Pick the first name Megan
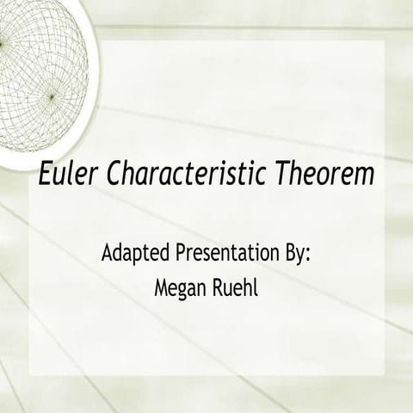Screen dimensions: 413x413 [178, 285]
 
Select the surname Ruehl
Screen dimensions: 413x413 [236, 285]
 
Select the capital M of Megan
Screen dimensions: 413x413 [160, 285]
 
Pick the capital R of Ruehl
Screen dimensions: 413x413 [218, 285]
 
